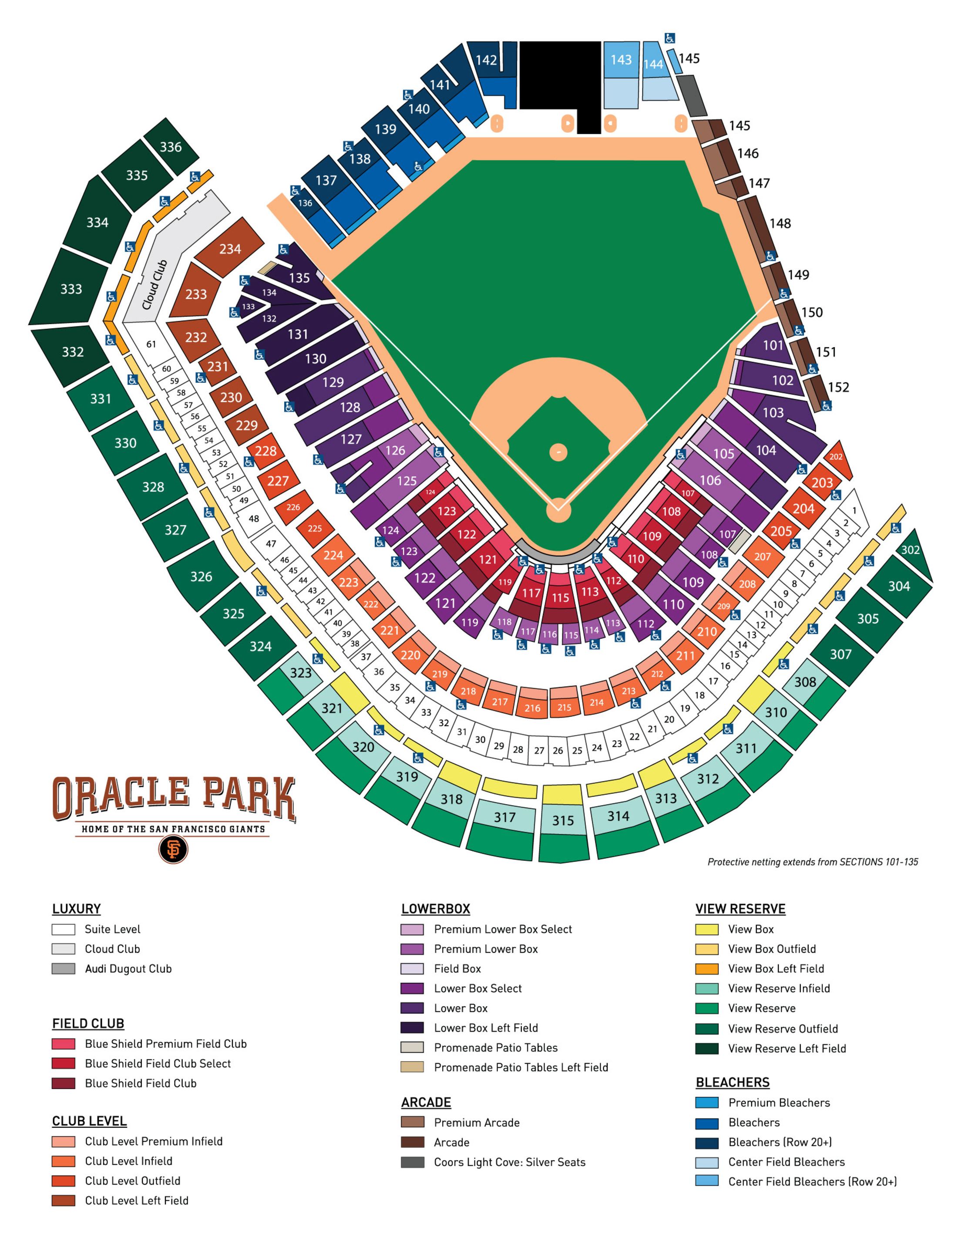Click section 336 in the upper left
pyautogui.click(x=171, y=147)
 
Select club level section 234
pyautogui.click(x=230, y=249)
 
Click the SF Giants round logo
pyautogui.click(x=173, y=849)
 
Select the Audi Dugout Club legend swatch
pyautogui.click(x=63, y=968)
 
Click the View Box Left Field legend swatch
pyautogui.click(x=706, y=968)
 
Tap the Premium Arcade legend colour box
pyautogui.click(x=412, y=1122)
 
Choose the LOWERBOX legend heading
pyautogui.click(x=436, y=908)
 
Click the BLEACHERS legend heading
pyautogui.click(x=732, y=1082)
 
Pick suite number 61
pyautogui.click(x=151, y=344)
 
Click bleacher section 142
pyautogui.click(x=487, y=60)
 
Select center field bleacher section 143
pyautogui.click(x=621, y=59)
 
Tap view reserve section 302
pyautogui.click(x=911, y=550)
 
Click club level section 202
pyautogui.click(x=836, y=457)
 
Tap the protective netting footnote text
pyautogui.click(x=813, y=862)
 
